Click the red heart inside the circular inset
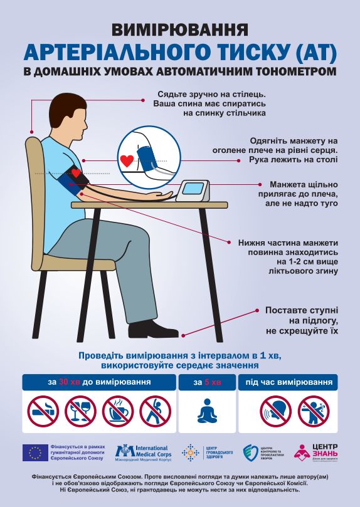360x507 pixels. point(127,160)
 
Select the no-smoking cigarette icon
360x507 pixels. point(43,410)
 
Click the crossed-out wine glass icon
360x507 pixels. point(80,410)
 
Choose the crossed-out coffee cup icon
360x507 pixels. point(118,410)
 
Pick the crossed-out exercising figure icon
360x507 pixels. point(155,410)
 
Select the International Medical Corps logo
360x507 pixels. point(142,452)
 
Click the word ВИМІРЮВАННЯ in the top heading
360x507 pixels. point(179,29)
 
